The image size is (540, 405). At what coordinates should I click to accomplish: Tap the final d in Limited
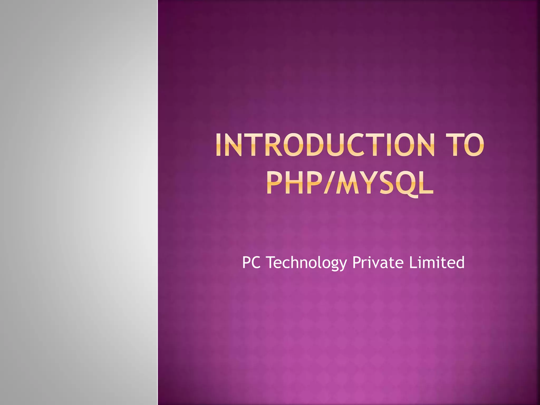coord(459,262)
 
